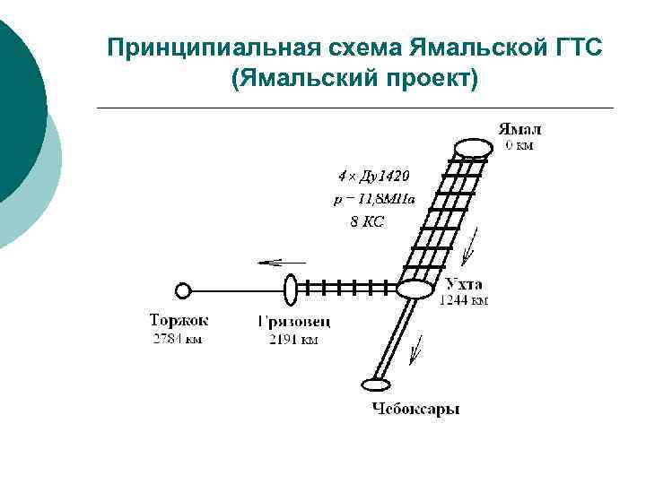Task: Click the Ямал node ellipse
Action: [473, 148]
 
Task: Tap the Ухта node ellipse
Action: [415, 290]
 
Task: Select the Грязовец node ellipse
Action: [291, 290]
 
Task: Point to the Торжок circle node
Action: [183, 290]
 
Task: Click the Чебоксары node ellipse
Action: [376, 385]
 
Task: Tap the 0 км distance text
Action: [518, 144]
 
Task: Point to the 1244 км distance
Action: [463, 301]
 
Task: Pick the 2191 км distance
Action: [292, 339]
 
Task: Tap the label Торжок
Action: [179, 320]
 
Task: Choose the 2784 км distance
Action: [177, 339]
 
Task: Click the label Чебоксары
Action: [415, 410]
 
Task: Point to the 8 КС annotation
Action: [367, 221]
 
